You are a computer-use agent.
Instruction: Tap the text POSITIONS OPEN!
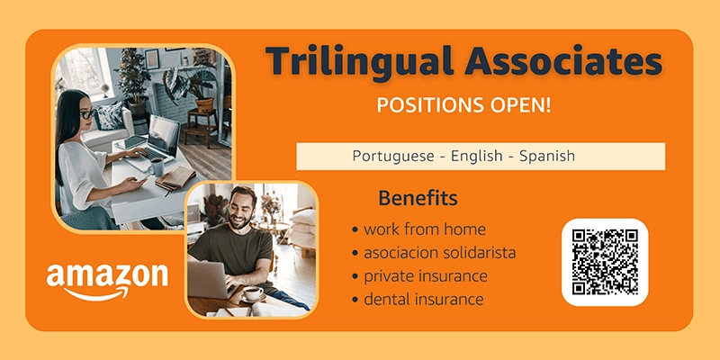point(463,105)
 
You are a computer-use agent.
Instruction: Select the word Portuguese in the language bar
point(393,156)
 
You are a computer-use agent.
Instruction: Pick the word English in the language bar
point(477,156)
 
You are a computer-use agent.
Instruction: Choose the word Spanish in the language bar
point(547,156)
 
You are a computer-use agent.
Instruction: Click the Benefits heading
point(418,198)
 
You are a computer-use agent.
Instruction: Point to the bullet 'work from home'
point(418,229)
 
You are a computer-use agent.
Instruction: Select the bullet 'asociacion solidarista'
point(434,253)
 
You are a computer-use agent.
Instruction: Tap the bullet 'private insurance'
point(419,276)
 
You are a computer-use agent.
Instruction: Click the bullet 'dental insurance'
point(418,300)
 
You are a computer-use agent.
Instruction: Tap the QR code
point(605,262)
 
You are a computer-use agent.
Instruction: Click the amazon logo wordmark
point(107,275)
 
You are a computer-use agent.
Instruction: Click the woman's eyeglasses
point(86,114)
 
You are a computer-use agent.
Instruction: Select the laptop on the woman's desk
point(153,141)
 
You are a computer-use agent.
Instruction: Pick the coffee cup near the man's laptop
point(253,294)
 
